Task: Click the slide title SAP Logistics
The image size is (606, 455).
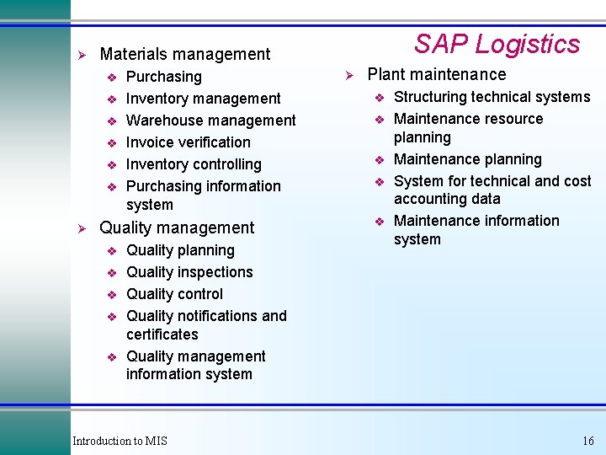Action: [497, 44]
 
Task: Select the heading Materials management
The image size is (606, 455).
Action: [184, 54]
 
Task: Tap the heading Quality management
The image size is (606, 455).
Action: [176, 227]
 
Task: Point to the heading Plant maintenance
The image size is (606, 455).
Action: [436, 74]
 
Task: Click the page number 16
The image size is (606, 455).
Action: [587, 441]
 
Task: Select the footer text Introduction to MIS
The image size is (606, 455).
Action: [120, 441]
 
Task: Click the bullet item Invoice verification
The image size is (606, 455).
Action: [188, 142]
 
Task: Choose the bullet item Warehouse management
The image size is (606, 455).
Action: [210, 120]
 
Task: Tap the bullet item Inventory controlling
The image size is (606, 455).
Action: [194, 164]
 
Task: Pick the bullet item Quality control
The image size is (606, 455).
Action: [174, 294]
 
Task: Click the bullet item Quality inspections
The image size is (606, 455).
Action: [189, 272]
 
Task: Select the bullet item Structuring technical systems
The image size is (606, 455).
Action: [492, 97]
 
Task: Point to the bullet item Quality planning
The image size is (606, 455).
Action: [180, 250]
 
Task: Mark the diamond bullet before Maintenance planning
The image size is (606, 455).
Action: [379, 160]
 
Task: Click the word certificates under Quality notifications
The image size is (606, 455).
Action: [162, 334]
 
